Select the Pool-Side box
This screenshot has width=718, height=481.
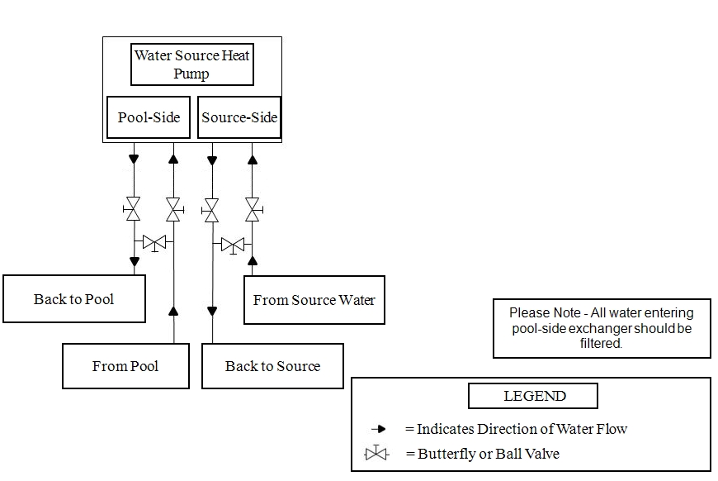pos(149,117)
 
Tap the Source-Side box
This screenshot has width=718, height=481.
pos(239,117)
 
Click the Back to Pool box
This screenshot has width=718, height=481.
pos(74,299)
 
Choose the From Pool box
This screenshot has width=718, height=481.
pos(125,366)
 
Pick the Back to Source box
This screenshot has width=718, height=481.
pos(272,366)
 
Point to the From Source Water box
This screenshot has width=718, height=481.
pos(314,300)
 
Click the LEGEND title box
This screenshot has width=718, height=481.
pos(533,396)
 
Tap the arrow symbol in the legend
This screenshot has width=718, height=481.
pos(379,429)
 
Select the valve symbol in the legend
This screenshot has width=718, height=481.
pos(376,454)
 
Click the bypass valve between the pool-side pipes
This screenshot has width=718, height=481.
pos(154,243)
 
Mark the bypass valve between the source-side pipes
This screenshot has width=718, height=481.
pos(234,245)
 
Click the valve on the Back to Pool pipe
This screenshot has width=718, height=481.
pos(133,209)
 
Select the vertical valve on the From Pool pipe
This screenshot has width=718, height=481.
pos(173,209)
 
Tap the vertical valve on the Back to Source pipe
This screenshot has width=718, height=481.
pos(211,209)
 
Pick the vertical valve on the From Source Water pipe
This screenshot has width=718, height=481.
pos(253,209)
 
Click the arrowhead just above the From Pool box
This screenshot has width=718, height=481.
pos(173,311)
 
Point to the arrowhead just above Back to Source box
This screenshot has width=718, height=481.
pos(212,312)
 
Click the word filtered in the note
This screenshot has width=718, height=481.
pos(600,343)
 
